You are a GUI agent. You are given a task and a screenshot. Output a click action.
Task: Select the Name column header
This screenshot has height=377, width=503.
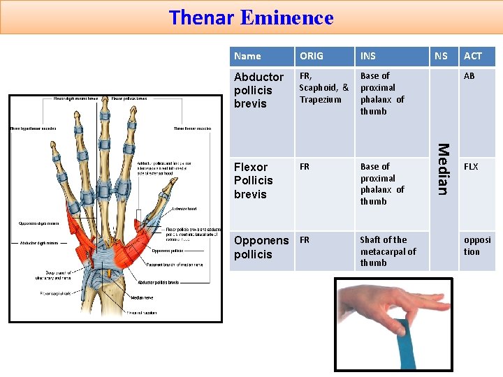[x=247, y=56]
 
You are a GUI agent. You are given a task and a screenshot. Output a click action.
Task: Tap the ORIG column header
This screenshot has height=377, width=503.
[x=312, y=56]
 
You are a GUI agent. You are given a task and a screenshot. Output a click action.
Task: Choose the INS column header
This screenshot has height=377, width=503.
[x=367, y=56]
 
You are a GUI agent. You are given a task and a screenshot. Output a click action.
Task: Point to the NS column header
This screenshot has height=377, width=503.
[x=441, y=56]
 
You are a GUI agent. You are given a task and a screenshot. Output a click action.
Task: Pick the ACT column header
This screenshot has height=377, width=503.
[x=473, y=56]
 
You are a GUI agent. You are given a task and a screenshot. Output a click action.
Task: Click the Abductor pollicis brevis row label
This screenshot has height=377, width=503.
[x=258, y=90]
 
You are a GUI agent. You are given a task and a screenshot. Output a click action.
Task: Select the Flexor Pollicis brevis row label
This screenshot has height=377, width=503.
[x=254, y=180]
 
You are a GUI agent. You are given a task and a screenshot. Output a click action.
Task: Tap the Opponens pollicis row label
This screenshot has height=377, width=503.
[x=261, y=247]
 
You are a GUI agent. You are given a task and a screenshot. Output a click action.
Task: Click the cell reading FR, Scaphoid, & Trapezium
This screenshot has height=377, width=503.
[x=323, y=87]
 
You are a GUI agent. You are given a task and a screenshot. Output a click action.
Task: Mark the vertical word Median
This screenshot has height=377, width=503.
[x=442, y=168]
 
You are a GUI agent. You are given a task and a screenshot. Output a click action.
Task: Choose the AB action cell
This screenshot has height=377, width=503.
[x=469, y=75]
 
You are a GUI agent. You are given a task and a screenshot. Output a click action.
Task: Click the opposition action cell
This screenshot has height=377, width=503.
[x=477, y=246]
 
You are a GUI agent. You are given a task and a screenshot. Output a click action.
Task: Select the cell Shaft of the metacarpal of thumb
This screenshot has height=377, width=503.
[x=387, y=251]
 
